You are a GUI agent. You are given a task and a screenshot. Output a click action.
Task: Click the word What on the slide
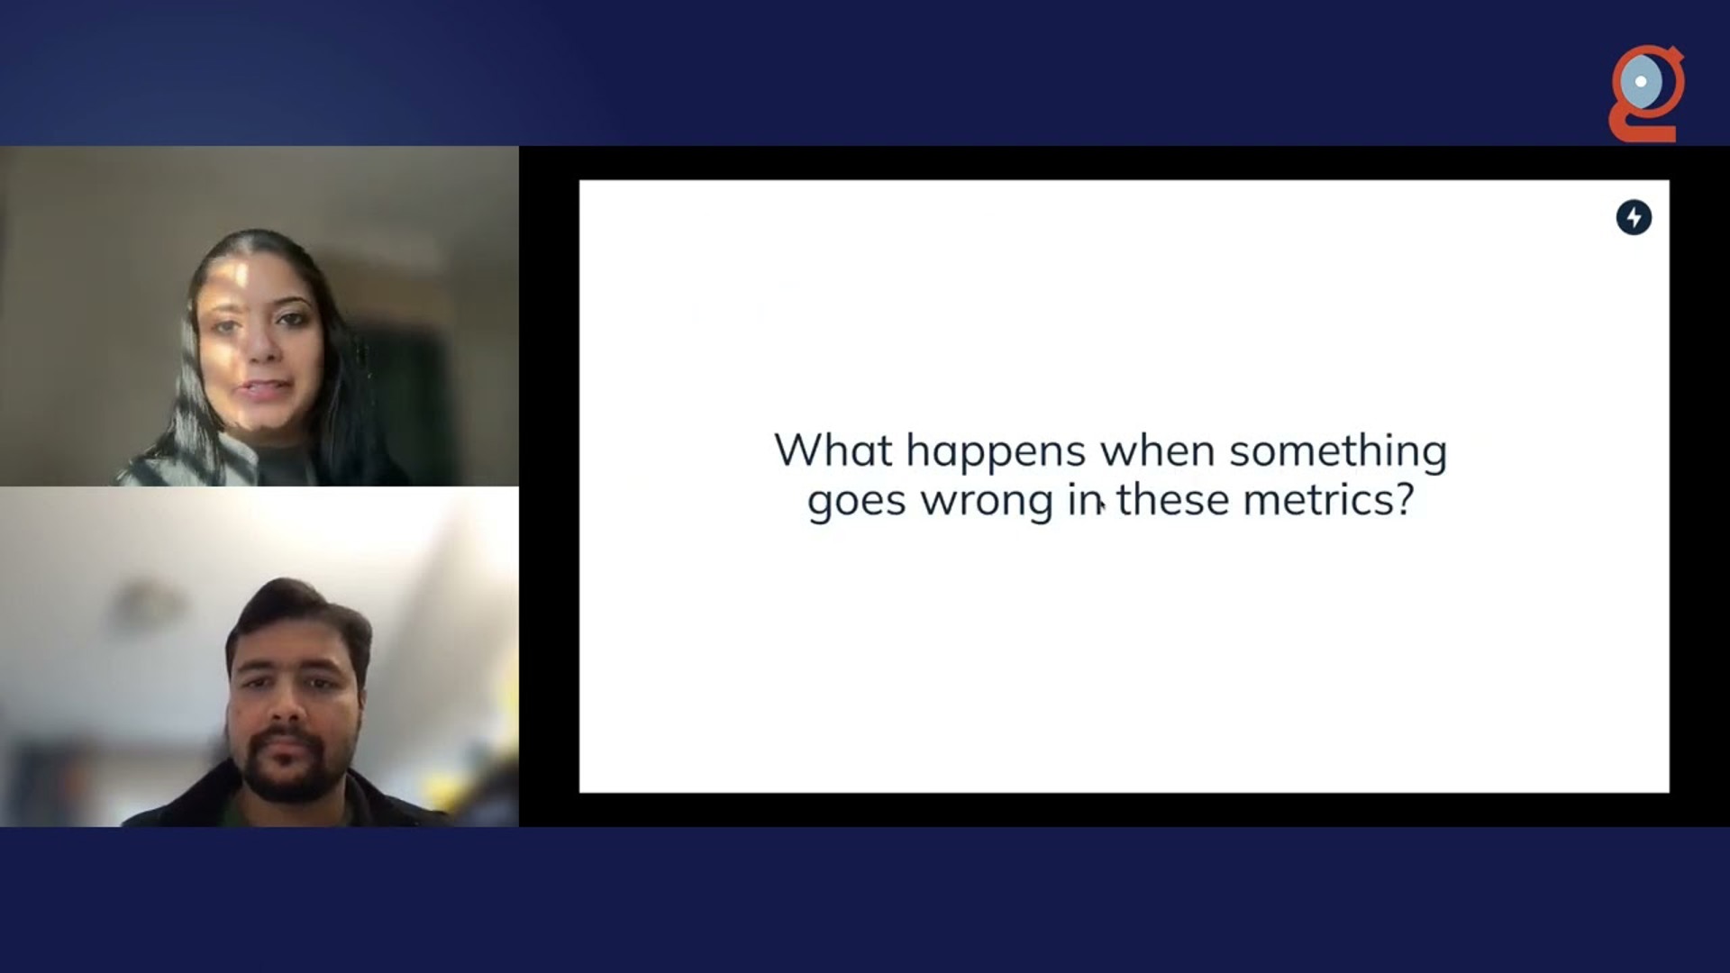pos(833,450)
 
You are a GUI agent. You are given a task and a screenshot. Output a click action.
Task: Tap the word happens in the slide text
pos(996,453)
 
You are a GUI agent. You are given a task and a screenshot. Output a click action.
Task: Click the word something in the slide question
pos(1338,453)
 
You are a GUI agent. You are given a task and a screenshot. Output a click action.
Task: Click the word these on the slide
pos(1173,499)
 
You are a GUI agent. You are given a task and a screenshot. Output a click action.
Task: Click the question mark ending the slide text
pos(1404,499)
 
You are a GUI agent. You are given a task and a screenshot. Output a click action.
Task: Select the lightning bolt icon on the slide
pos(1634,217)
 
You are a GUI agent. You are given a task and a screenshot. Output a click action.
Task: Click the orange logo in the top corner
pos(1647,94)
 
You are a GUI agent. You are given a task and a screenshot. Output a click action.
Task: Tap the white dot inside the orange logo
pos(1641,81)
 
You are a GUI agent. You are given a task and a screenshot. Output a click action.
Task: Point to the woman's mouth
pos(265,390)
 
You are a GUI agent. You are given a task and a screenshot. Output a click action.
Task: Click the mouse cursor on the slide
pos(1101,506)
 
